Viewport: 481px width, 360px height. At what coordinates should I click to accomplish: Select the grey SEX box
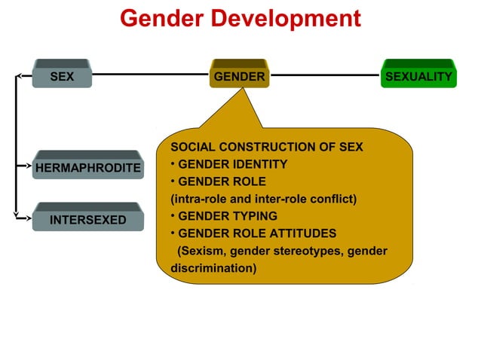point(62,76)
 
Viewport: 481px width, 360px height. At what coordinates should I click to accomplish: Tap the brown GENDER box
point(240,76)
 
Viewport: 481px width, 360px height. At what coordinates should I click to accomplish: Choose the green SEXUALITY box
point(418,76)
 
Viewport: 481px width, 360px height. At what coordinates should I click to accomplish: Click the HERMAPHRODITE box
point(87,167)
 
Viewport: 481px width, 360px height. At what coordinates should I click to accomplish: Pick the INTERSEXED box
point(87,220)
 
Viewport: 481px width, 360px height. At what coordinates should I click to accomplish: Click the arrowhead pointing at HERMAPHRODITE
point(28,166)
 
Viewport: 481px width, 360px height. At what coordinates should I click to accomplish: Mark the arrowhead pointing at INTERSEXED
point(28,219)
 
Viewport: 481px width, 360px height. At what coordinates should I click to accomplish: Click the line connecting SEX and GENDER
point(151,75)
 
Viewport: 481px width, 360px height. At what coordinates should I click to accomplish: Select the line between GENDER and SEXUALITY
point(324,75)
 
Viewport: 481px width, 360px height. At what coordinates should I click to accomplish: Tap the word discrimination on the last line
point(213,268)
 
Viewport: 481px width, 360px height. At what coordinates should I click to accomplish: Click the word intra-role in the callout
point(199,199)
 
